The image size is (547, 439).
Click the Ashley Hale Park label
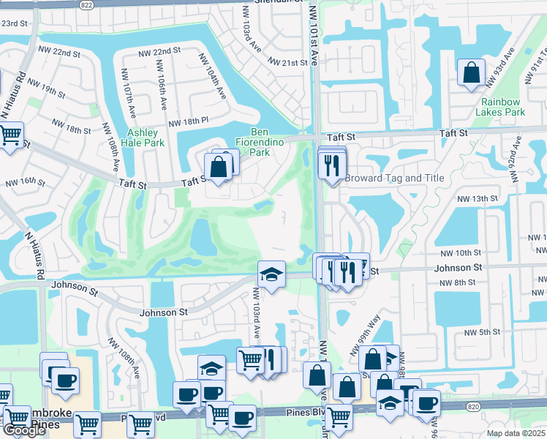pyautogui.click(x=145, y=138)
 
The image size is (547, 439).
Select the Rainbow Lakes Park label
pyautogui.click(x=500, y=107)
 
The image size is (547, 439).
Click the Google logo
pyautogui.click(x=24, y=430)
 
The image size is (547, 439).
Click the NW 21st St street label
pyautogui.click(x=288, y=63)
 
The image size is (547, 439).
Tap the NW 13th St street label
pyautogui.click(x=477, y=198)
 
